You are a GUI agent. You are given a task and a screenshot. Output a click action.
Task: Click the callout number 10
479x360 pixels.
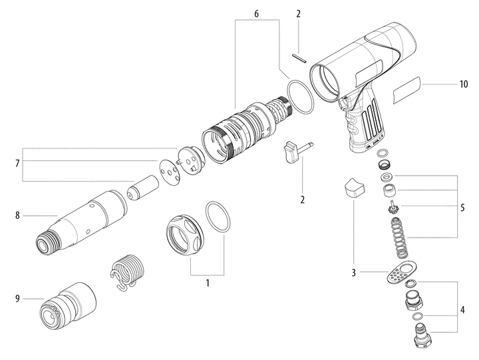pos(463,85)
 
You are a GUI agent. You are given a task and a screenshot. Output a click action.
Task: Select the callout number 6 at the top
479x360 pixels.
pos(257,13)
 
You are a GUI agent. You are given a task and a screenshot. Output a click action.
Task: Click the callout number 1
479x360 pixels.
pos(207,282)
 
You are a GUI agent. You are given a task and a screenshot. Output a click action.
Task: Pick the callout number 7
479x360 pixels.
pos(16,162)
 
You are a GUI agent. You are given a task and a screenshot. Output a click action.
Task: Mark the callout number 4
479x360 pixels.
pos(463,309)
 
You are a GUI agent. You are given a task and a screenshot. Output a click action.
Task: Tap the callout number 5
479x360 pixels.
pos(463,207)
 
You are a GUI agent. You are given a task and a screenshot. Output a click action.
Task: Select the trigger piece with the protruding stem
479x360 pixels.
pos(296,150)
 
